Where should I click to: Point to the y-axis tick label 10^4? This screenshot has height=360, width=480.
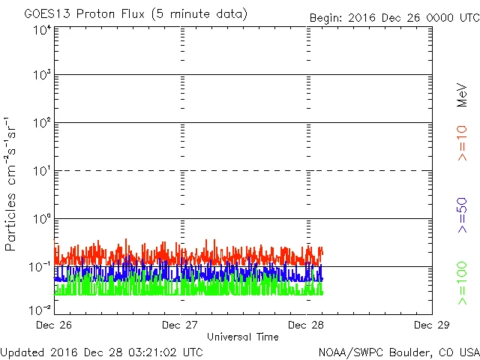pyautogui.click(x=42, y=30)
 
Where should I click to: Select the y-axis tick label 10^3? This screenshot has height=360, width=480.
pyautogui.click(x=42, y=76)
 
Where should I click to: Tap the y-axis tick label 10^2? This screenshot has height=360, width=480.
pyautogui.click(x=42, y=123)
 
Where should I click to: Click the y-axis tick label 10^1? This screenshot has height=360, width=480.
pyautogui.click(x=42, y=171)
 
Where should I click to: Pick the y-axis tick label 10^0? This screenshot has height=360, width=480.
pyautogui.click(x=42, y=219)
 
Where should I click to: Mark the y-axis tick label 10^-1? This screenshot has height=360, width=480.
pyautogui.click(x=40, y=267)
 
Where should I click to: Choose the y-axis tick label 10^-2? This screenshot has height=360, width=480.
pyautogui.click(x=40, y=310)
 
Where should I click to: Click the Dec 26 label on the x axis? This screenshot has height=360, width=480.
pyautogui.click(x=55, y=325)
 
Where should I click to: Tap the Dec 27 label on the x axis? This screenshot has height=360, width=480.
pyautogui.click(x=181, y=325)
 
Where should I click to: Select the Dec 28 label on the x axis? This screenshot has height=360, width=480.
pyautogui.click(x=307, y=325)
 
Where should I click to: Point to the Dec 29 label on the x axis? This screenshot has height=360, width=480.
pyautogui.click(x=432, y=325)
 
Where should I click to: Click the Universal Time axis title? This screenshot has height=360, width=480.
pyautogui.click(x=243, y=337)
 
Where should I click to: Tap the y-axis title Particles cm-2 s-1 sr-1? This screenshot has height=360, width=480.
pyautogui.click(x=12, y=184)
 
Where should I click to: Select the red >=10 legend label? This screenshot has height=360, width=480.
pyautogui.click(x=462, y=142)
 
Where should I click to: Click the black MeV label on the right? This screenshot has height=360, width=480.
pyautogui.click(x=462, y=96)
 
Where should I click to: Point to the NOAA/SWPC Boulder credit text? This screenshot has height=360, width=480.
pyautogui.click(x=398, y=351)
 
